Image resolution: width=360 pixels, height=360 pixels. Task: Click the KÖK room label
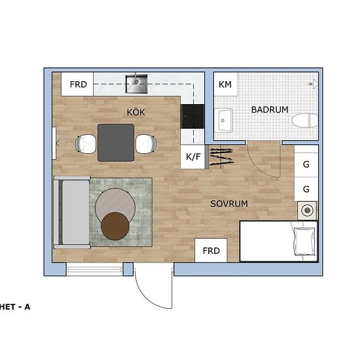click(136, 113)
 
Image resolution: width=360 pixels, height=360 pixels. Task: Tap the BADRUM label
click(270, 109)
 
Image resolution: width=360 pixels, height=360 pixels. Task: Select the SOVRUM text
click(229, 204)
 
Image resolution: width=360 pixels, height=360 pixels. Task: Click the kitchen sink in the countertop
click(137, 82)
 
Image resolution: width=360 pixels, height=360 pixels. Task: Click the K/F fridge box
click(194, 157)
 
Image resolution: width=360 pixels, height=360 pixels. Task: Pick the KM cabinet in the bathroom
click(225, 84)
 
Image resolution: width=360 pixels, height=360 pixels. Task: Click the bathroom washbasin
click(225, 120)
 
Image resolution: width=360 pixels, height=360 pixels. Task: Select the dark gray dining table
click(116, 142)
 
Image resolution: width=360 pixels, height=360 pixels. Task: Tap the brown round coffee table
click(116, 226)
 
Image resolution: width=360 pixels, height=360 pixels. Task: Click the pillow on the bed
click(304, 241)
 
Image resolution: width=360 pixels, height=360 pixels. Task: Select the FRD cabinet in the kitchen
click(79, 84)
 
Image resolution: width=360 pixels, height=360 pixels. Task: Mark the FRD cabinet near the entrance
click(211, 251)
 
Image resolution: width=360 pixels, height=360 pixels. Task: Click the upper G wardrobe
click(306, 164)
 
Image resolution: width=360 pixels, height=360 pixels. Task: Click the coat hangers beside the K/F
click(221, 156)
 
